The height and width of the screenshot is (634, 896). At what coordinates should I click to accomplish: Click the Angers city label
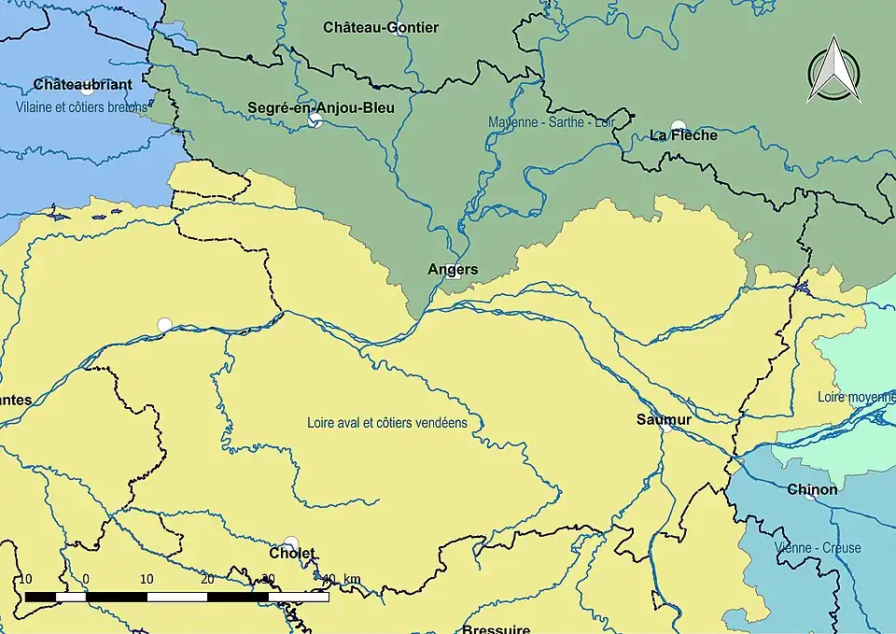point(453,270)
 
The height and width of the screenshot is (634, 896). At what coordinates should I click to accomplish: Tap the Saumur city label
point(664,420)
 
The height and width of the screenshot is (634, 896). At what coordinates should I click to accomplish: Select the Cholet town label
point(291,554)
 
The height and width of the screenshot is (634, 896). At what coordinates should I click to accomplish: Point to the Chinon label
point(811,489)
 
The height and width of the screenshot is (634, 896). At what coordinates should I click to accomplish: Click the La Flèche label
point(683,135)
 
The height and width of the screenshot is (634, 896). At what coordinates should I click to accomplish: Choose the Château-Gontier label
point(381,28)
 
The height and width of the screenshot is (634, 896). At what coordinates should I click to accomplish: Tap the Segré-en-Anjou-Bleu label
point(320,108)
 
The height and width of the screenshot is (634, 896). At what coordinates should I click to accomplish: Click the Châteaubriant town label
point(82,85)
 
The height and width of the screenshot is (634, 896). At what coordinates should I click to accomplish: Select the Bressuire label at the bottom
point(496,628)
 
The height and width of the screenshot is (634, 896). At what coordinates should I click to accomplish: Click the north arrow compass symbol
point(833,70)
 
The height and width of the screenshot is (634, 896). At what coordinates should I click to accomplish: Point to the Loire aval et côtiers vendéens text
point(387,423)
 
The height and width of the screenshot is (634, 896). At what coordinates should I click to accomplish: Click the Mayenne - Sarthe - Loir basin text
point(558,122)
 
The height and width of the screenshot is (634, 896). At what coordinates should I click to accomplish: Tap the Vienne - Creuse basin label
point(818,548)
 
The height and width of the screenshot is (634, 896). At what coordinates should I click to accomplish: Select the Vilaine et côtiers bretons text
point(81,107)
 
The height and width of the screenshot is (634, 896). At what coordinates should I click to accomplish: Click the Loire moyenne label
point(856,397)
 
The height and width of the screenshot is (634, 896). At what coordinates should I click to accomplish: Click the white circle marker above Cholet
point(291,542)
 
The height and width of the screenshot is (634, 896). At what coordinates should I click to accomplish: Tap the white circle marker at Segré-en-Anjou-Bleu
point(315,120)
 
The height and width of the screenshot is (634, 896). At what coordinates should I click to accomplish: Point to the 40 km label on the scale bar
point(340,579)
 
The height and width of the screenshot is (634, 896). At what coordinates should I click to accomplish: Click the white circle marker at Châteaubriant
point(87,90)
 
